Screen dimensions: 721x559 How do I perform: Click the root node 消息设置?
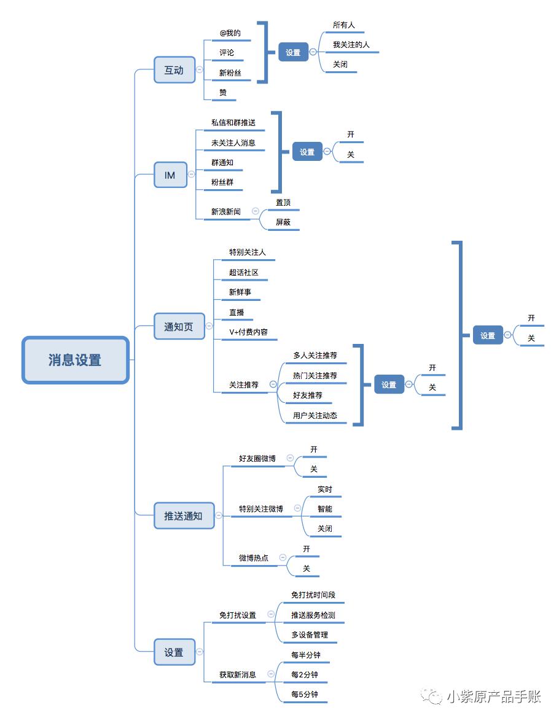pos(75,360)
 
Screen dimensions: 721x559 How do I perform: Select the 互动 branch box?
pos(174,70)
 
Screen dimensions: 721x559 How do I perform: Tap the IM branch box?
pos(170,175)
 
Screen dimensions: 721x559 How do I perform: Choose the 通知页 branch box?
pos(179,327)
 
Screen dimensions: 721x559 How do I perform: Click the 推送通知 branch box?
pos(183,515)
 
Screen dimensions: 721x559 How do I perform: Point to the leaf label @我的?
pos(230,33)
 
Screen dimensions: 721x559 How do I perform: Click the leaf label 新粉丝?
pos(230,72)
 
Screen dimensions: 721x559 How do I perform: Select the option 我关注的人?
pos(351,45)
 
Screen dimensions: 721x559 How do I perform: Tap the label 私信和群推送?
pos(233,123)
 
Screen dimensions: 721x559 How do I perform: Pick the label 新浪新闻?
pos(226,211)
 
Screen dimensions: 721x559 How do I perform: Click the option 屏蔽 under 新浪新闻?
pos(283,222)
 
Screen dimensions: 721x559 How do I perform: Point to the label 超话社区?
pos(244,272)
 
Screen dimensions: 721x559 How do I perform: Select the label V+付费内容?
pos(249,332)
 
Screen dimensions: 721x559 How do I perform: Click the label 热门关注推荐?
pos(315,375)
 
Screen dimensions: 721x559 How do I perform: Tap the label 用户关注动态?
pos(315,415)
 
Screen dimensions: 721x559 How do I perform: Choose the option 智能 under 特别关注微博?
pos(325,509)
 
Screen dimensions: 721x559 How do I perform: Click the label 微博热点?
pos(254,558)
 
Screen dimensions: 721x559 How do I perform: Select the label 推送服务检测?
pos(313,615)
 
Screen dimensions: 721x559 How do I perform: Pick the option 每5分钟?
pos(305,694)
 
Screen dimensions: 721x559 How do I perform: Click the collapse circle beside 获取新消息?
pos(270,674)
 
